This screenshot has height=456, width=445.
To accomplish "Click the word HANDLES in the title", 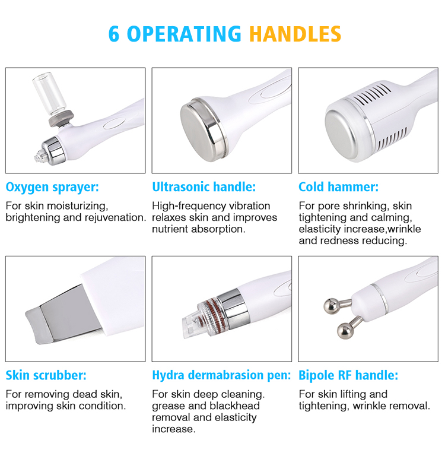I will [x=295, y=33].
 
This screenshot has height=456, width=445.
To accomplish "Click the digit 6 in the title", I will [x=114, y=33].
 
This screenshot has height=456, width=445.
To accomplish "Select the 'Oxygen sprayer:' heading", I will [x=52, y=188].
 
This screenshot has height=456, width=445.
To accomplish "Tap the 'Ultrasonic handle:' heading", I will [x=204, y=188].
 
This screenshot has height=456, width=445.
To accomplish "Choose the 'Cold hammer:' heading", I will [x=338, y=188].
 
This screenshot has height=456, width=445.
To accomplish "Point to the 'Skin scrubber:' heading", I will [x=46, y=376].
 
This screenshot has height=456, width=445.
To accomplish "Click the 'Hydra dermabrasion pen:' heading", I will [x=221, y=376].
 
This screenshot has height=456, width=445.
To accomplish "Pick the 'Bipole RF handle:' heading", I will [x=348, y=376].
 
